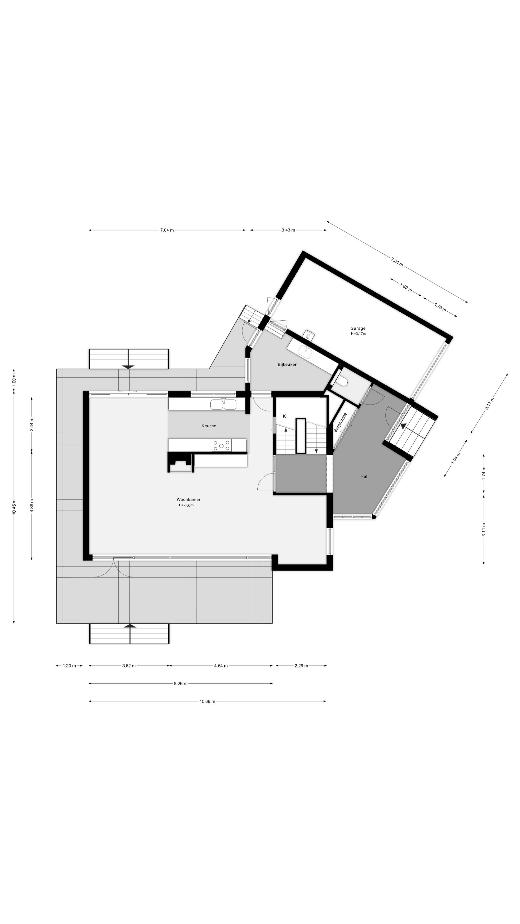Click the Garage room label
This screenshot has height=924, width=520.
point(358,328)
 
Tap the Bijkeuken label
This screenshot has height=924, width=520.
point(287,365)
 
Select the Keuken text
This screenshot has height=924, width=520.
point(209,426)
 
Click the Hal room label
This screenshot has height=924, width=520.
point(364,476)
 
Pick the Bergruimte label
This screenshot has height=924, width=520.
point(340,423)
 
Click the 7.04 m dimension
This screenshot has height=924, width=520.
point(167,230)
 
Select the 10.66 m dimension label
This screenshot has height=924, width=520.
point(208,701)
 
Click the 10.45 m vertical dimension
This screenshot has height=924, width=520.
point(14,507)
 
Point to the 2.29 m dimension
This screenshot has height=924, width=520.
point(301,666)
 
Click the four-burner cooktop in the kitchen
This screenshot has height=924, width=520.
point(221,445)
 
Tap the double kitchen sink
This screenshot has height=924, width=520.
point(223,404)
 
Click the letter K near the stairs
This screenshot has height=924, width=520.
point(284,416)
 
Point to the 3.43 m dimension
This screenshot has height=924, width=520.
point(288,230)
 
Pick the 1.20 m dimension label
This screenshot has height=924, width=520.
point(69,666)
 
